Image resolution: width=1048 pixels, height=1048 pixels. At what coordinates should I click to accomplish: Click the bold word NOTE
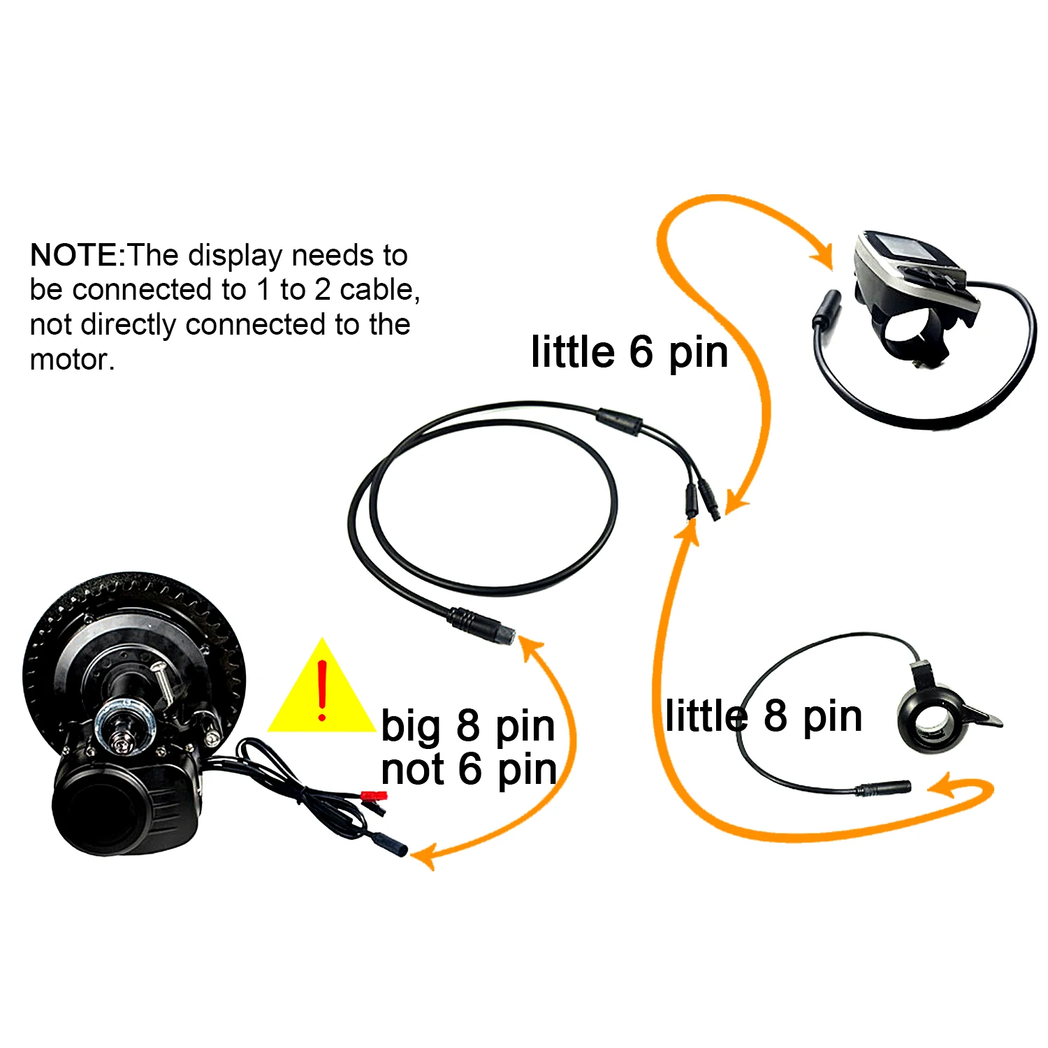pos(75,256)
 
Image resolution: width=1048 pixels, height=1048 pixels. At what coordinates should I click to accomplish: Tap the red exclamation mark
pos(322,690)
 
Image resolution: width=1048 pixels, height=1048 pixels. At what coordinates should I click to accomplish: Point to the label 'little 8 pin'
pos(764,716)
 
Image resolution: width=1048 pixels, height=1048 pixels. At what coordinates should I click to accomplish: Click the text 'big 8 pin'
pos(467,726)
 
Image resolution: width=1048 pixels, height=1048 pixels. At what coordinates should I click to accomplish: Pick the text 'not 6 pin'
pos(469,769)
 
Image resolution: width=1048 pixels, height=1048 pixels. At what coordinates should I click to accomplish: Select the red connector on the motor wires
pos(374,796)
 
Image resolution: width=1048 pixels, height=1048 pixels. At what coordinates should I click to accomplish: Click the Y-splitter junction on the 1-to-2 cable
pos(619,421)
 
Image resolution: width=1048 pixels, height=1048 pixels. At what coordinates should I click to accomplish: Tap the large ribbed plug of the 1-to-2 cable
pos(482,626)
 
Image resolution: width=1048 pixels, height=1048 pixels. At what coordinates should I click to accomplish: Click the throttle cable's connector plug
pos(883,788)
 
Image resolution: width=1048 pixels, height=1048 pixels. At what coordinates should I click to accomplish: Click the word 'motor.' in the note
pos(72,360)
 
